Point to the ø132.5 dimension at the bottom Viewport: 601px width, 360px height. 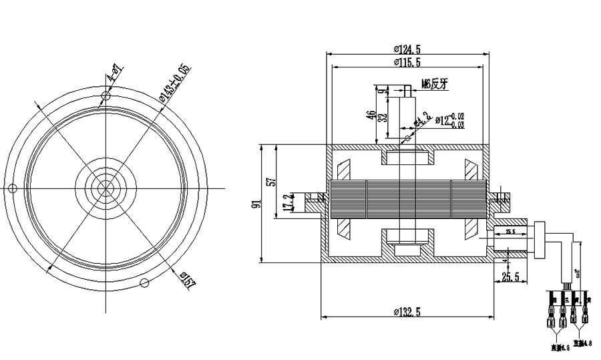[407, 311]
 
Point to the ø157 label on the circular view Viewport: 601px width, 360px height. [188, 281]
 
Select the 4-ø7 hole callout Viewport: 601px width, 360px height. [114, 74]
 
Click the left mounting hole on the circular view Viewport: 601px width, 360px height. [11, 189]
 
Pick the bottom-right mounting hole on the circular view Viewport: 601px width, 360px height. [144, 283]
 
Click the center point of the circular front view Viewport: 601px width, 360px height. [105, 189]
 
